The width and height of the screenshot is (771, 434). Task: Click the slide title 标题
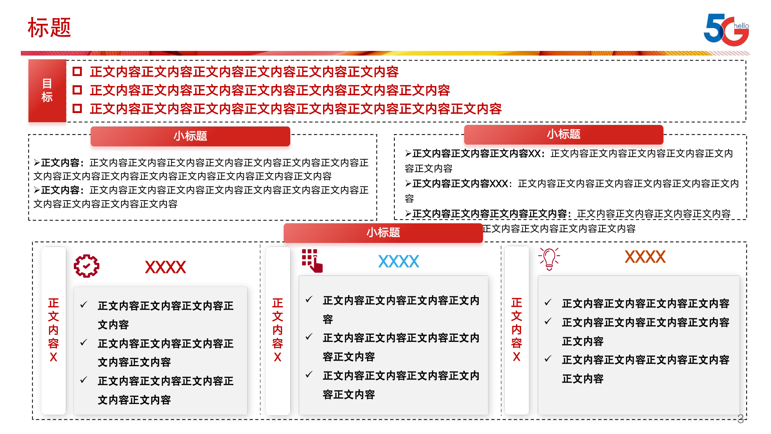pyautogui.click(x=49, y=28)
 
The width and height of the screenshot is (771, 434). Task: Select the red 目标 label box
pyautogui.click(x=47, y=91)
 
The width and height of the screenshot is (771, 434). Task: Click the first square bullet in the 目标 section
pyautogui.click(x=77, y=71)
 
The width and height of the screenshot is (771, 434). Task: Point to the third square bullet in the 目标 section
pyautogui.click(x=77, y=108)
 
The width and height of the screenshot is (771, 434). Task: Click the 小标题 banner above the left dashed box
pyautogui.click(x=190, y=136)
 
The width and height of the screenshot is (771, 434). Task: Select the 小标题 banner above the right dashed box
pyautogui.click(x=563, y=134)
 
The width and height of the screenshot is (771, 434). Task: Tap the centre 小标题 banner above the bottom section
pyautogui.click(x=383, y=232)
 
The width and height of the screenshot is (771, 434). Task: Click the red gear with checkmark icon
pyautogui.click(x=86, y=266)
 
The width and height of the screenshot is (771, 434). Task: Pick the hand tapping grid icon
pyautogui.click(x=312, y=261)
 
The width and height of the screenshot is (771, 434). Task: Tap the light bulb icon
pyautogui.click(x=549, y=258)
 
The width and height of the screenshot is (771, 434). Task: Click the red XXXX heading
pyautogui.click(x=165, y=267)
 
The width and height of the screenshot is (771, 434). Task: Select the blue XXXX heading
pyautogui.click(x=398, y=262)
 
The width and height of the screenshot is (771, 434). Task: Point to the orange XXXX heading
pyautogui.click(x=645, y=257)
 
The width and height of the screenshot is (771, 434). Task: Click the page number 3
pyautogui.click(x=740, y=419)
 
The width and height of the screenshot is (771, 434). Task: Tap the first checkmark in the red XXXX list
pyautogui.click(x=84, y=305)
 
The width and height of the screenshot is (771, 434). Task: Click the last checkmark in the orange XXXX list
pyautogui.click(x=548, y=359)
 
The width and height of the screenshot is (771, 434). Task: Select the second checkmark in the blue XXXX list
pyautogui.click(x=309, y=337)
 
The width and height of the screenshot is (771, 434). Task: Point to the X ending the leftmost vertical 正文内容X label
pyautogui.click(x=54, y=357)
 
